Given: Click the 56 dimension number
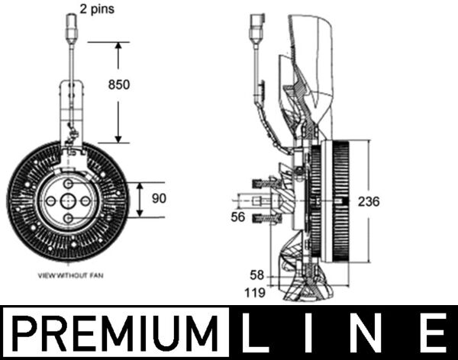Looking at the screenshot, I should click(238, 217).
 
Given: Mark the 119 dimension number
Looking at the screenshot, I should click(254, 291).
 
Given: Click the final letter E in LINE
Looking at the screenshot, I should click(432, 333).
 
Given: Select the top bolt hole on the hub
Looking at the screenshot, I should click(68, 182).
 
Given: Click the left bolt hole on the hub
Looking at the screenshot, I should click(50, 201).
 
